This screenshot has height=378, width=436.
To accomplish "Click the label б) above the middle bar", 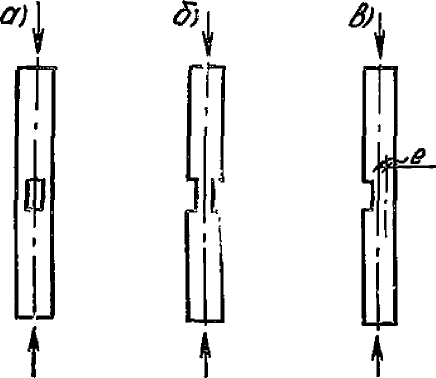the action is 185,16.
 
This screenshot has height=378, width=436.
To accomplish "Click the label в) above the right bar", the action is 361,16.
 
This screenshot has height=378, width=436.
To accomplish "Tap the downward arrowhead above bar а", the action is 38,41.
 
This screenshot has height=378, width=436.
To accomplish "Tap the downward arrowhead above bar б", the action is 208,44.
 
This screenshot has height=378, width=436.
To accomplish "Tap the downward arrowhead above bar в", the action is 380,44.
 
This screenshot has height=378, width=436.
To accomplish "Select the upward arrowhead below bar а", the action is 34,339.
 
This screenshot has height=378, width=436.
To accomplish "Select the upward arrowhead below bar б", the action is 205,345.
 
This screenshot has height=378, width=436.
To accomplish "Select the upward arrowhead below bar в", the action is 377,347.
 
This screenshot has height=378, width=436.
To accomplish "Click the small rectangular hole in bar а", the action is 34,194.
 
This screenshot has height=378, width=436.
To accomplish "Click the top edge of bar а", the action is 36,67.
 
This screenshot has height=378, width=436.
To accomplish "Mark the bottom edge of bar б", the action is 205,321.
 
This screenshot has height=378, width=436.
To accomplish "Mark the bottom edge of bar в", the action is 380,323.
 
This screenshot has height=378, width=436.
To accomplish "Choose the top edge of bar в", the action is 380,67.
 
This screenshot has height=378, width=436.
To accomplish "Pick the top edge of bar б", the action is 207,67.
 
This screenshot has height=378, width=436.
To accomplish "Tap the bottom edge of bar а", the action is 35,317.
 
